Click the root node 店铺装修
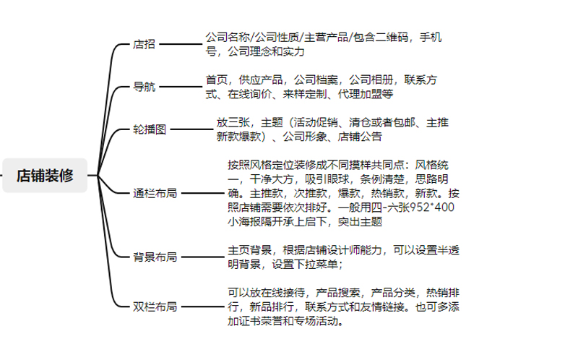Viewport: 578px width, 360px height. (x=45, y=176)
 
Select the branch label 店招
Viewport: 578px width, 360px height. (x=144, y=44)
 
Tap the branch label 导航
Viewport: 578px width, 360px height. (x=144, y=87)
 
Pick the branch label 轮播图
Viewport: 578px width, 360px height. (x=150, y=129)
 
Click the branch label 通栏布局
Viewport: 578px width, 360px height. (x=155, y=193)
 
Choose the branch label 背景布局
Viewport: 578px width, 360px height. (x=155, y=257)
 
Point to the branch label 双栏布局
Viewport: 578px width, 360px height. (x=155, y=307)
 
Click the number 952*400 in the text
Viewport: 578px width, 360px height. (x=432, y=207)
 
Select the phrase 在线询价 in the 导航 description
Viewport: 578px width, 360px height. (x=249, y=94)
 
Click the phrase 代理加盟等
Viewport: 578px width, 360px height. (x=366, y=94)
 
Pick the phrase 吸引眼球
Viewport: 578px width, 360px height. (x=327, y=179)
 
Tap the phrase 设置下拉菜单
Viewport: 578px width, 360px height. (x=305, y=264)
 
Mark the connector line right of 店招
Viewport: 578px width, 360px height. (x=181, y=44)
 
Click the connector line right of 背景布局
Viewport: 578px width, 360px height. (x=203, y=257)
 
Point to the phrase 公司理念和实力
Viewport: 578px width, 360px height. (x=266, y=51)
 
